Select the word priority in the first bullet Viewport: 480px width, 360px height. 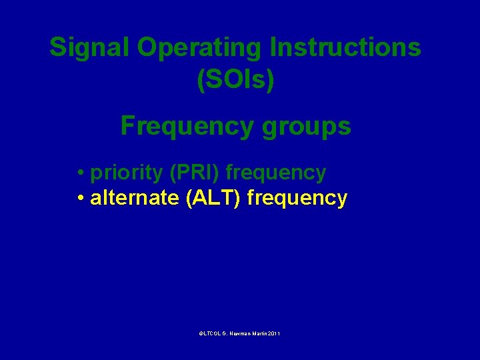(127, 173)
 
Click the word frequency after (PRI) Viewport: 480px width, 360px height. (276, 173)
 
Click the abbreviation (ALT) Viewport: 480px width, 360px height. (214, 198)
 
